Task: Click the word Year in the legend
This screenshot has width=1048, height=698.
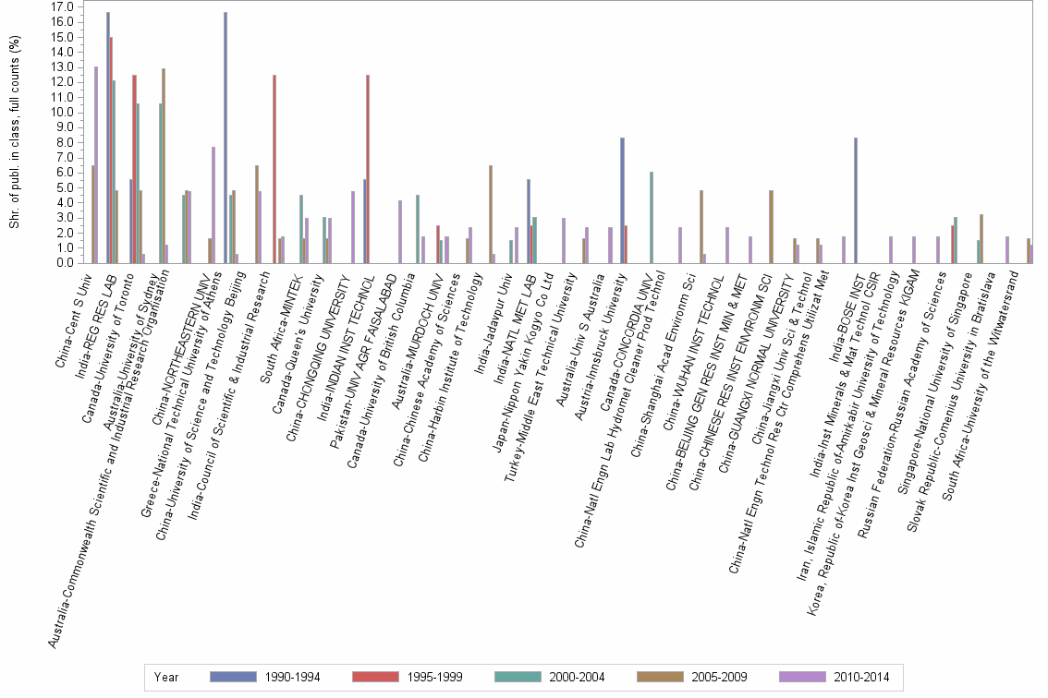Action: click(x=167, y=677)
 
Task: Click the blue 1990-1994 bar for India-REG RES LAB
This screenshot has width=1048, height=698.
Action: click(x=107, y=138)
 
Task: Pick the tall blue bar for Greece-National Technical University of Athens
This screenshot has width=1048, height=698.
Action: click(x=225, y=138)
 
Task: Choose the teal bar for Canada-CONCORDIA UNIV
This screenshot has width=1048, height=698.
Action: click(x=652, y=217)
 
